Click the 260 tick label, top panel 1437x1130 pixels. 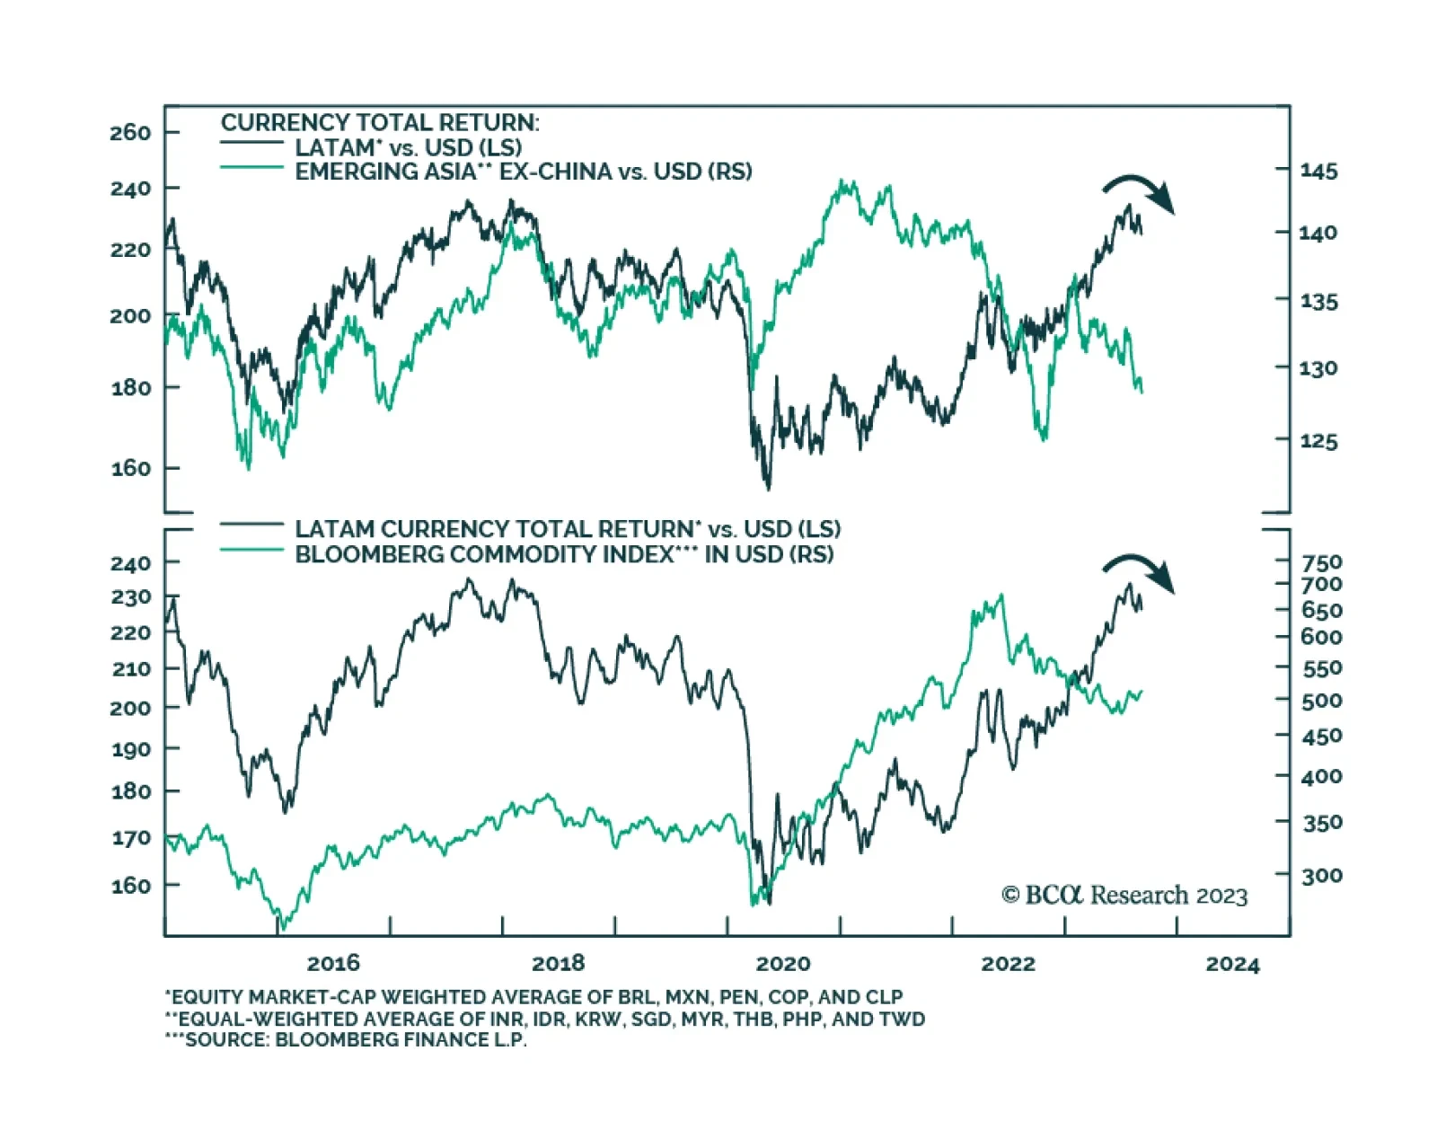[130, 133]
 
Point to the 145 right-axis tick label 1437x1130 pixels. [1318, 171]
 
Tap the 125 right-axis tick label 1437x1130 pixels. [1318, 442]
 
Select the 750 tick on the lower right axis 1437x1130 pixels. [1322, 563]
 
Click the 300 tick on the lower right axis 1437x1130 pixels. [1322, 876]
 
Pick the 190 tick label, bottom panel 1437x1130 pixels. [130, 749]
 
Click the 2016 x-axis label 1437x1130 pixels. [333, 965]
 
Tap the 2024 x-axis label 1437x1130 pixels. [1232, 965]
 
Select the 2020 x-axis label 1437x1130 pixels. [783, 965]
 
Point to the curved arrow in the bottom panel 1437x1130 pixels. [1139, 573]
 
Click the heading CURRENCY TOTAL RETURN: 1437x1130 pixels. [380, 123]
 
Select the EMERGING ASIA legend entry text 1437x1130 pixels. [524, 172]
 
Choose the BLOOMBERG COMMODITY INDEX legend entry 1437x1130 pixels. [564, 554]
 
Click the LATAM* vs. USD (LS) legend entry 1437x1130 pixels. [408, 147]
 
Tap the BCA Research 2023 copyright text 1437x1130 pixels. [1124, 896]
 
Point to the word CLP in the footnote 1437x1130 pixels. [885, 998]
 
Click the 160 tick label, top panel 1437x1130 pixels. [130, 469]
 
